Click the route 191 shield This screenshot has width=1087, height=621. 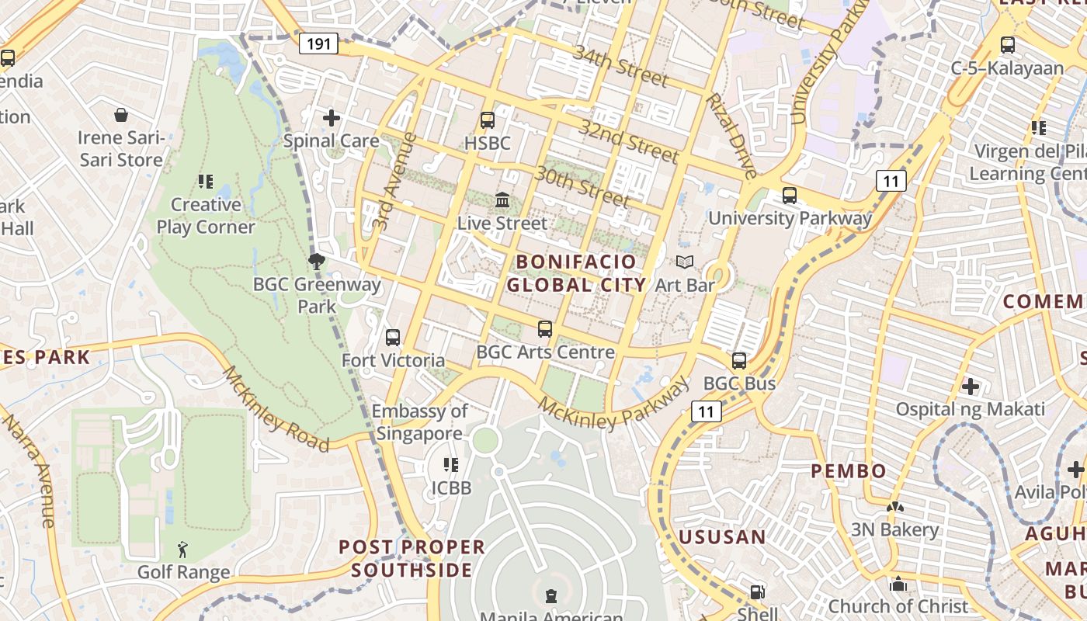pos(318,43)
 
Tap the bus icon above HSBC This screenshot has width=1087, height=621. pos(488,120)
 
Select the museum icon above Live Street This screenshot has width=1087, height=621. pos(502,200)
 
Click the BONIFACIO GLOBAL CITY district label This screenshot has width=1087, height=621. pos(576,273)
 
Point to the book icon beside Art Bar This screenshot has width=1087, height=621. pos(684,262)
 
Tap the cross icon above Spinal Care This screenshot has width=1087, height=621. pos(332,118)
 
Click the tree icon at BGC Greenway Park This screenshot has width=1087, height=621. pos(316,261)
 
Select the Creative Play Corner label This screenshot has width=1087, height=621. pos(206,216)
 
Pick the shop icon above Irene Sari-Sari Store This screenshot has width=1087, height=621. pos(121,116)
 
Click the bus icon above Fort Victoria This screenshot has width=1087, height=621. pos(393,338)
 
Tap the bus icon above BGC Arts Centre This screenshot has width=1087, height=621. pos(545,329)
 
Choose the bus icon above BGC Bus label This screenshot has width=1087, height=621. pos(738,361)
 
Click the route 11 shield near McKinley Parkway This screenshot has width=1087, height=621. pos(706,411)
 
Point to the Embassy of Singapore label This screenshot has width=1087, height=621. pos(419,422)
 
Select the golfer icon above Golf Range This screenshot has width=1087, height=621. pos(182,550)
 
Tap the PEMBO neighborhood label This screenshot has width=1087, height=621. pos(849,471)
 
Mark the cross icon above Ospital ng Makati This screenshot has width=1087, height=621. pos(970,386)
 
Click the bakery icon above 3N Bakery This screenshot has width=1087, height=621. pos(894,507)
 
